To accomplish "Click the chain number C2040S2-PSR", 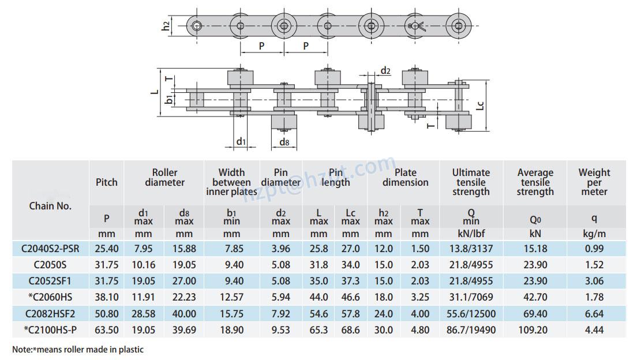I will tap(50, 249).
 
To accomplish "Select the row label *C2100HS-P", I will tap(50, 330).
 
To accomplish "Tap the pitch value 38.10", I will tap(106, 298).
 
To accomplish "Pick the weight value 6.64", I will tap(594, 314).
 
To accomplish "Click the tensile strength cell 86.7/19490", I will tap(470, 330).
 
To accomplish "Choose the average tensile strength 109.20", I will tap(535, 330).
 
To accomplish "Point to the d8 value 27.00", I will tap(184, 282).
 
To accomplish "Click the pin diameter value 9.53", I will tap(280, 330).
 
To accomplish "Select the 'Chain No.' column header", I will tap(50, 206).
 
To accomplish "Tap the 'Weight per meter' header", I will tap(594, 182).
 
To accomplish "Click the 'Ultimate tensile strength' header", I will tap(470, 182).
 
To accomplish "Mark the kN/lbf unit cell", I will tap(470, 234).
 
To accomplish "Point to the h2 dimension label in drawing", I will tap(166, 25).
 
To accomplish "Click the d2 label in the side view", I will tap(385, 71).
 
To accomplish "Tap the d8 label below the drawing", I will tap(284, 142).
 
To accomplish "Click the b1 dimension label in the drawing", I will tap(168, 100).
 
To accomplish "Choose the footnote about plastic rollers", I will tap(78, 349).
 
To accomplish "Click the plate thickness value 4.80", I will tap(421, 330).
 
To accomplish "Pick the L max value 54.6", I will tap(318, 314).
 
